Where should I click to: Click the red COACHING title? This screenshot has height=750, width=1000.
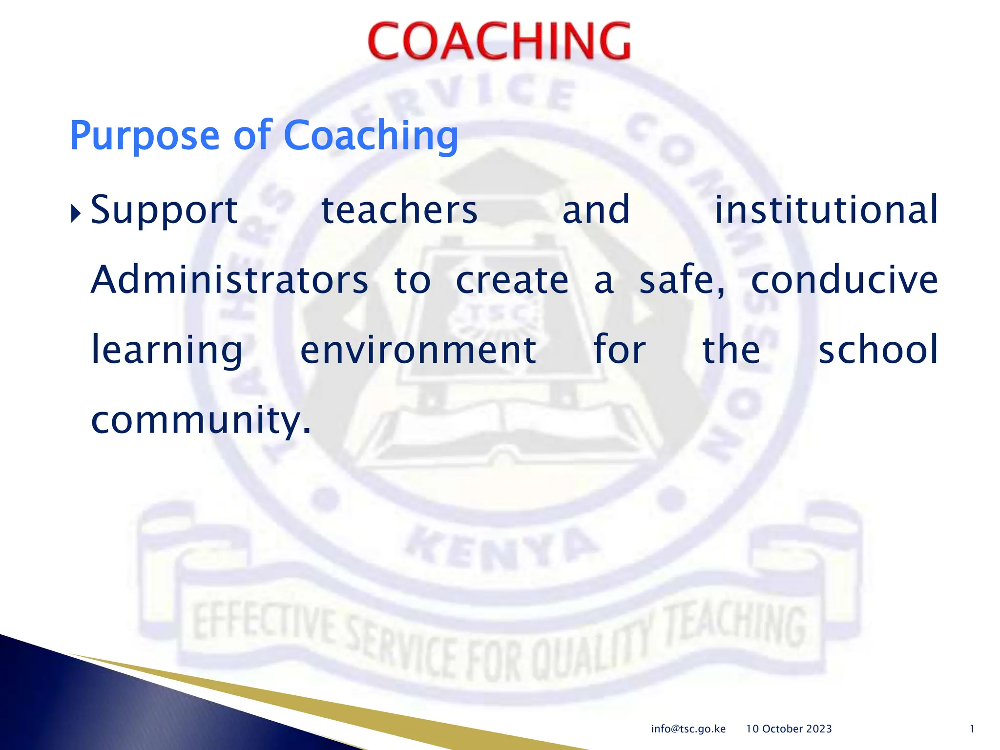[x=499, y=42]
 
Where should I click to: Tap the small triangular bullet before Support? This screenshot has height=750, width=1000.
[x=75, y=213]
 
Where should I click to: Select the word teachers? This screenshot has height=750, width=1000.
[x=399, y=210]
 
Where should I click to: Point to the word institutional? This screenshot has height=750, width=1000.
[x=826, y=210]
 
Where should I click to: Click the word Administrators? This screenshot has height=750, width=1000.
[x=229, y=280]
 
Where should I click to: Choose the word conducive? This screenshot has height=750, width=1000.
[x=844, y=280]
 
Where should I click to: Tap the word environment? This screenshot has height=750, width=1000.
[x=418, y=350]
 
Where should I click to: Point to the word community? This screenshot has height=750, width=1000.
[x=200, y=421]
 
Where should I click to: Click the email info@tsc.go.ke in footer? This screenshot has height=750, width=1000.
[x=688, y=729]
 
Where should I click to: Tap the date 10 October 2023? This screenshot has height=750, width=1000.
[x=789, y=729]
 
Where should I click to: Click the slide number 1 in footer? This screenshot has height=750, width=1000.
[x=972, y=729]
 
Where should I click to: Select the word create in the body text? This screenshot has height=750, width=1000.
[x=512, y=280]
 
